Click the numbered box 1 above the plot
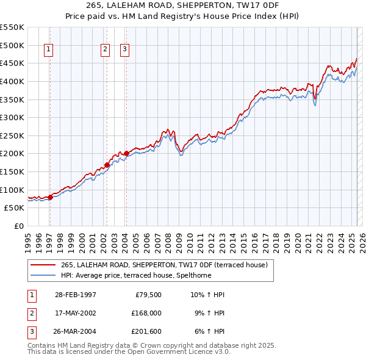(x=48, y=50)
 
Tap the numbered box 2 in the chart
(x=105, y=50)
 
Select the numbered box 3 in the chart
(x=124, y=50)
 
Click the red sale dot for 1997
(x=50, y=197)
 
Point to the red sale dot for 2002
(x=107, y=165)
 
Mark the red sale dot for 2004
(x=126, y=153)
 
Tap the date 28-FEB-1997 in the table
(x=75, y=295)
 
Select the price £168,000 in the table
(x=146, y=313)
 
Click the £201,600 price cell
(x=146, y=331)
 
